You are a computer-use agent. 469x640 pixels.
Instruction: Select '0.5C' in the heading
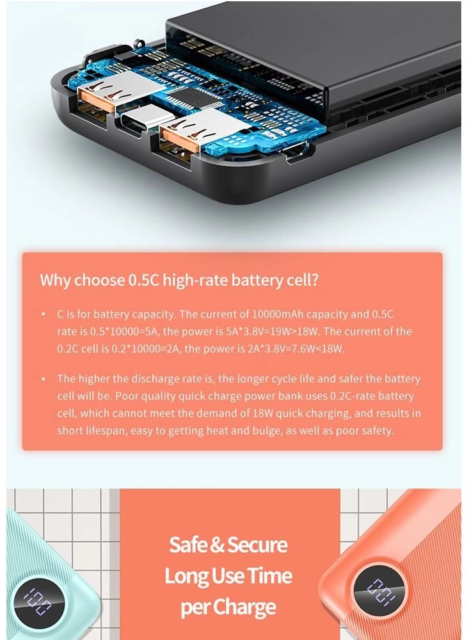[x=145, y=280]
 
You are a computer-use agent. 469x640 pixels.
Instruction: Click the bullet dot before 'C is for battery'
[x=43, y=316]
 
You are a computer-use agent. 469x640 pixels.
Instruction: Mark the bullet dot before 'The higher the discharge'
[x=43, y=380]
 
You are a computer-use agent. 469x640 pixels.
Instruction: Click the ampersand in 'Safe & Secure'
[x=218, y=545]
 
